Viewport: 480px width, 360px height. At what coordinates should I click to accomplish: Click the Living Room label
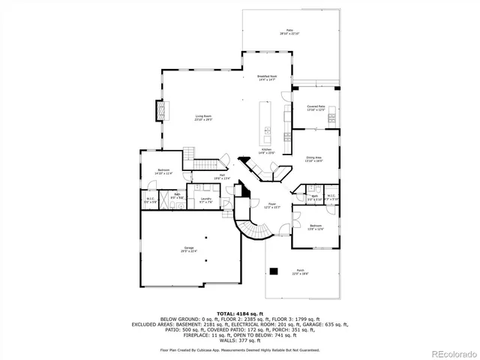pos(203,118)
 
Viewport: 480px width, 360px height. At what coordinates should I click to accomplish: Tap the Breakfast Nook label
pos(268,78)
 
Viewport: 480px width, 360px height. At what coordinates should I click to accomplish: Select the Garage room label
pos(189,249)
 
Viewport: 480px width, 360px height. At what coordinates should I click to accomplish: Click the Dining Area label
pos(313,159)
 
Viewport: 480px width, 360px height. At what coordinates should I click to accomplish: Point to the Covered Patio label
pos(316,108)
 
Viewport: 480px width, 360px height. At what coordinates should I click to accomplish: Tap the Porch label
pos(300,271)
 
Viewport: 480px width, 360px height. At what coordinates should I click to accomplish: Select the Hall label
pos(202,176)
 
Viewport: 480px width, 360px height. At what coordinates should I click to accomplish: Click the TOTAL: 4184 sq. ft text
pos(239,313)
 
